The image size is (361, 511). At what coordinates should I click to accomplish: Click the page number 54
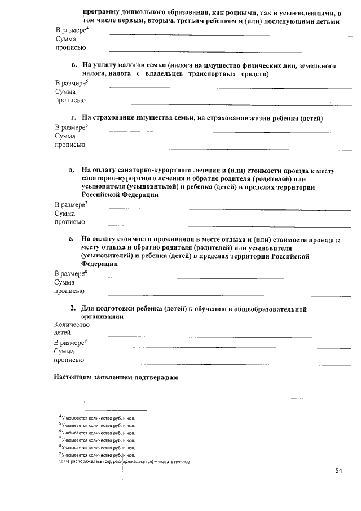338,470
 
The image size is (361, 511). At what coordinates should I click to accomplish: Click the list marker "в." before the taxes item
74,66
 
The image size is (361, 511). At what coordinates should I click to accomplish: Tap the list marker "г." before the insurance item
73,118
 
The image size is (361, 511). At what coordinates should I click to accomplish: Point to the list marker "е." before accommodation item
72,239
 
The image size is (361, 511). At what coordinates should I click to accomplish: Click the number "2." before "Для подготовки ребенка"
73,309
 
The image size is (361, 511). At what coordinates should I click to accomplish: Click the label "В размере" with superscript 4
70,29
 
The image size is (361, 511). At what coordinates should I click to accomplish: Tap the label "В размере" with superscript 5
70,82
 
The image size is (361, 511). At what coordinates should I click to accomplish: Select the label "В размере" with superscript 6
70,127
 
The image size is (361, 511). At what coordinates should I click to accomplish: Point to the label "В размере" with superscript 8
70,273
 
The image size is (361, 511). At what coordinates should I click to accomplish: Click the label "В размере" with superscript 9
70,342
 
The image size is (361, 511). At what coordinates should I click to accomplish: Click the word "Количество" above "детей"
71,325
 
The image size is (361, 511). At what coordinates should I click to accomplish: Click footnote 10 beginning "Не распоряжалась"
124,461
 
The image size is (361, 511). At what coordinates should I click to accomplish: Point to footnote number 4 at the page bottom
60,417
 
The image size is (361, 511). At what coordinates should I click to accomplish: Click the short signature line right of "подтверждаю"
320,399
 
